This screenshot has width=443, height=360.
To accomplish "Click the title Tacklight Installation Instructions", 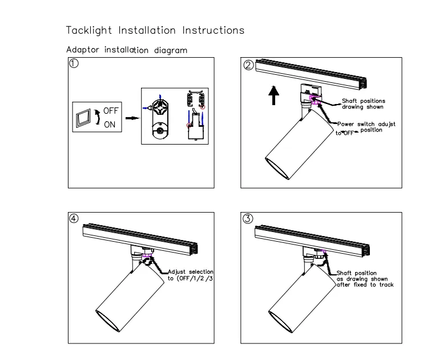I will point(155,30).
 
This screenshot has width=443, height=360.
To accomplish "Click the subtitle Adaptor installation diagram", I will point(126,50).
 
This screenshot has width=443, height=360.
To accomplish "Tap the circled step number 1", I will point(74,64).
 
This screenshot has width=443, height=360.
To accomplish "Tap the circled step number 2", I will point(248,65).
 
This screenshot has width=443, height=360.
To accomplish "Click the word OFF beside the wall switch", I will point(110,111).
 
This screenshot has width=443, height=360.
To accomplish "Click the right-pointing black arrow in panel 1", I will point(131,119).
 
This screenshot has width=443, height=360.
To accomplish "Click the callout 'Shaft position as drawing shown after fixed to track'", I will point(365,279).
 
